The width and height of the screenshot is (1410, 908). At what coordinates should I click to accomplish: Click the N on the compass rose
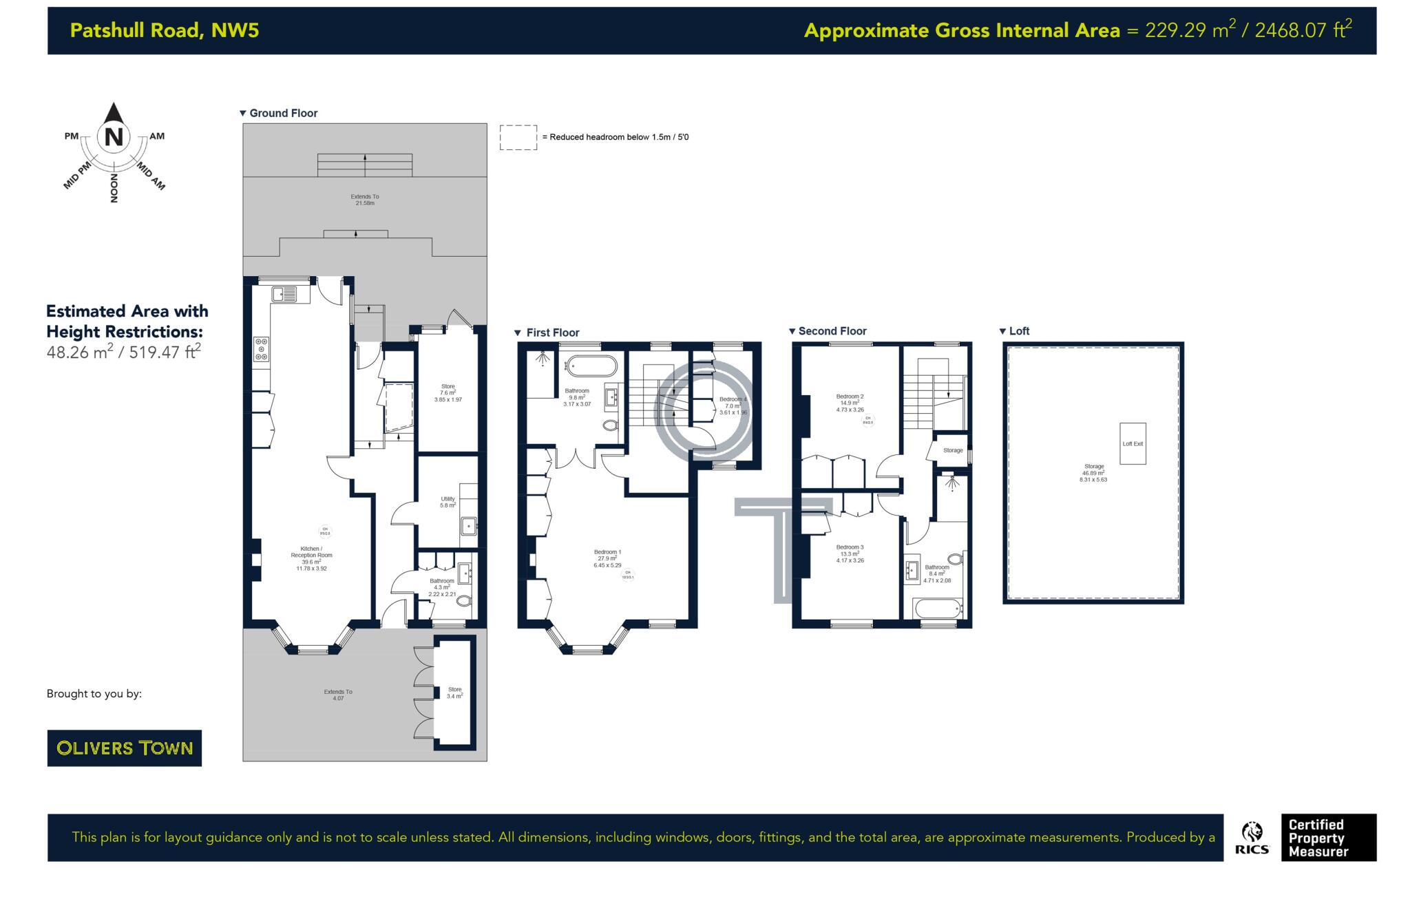[x=114, y=137]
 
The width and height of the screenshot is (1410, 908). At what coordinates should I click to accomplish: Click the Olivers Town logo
[x=124, y=748]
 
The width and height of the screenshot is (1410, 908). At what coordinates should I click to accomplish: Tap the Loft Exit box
[x=1133, y=443]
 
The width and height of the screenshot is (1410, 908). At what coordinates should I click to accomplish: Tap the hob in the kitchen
[x=261, y=348]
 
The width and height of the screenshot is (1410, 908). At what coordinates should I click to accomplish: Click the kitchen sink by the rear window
[x=284, y=294]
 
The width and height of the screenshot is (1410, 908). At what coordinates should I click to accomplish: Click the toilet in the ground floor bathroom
[x=465, y=601]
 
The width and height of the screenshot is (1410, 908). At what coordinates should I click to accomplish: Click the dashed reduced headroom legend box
[x=518, y=137]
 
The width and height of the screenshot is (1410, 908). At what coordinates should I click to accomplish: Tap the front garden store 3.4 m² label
[x=454, y=693]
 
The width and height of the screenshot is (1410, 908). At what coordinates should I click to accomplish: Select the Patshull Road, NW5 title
[x=165, y=30]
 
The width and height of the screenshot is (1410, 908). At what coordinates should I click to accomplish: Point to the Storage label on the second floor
[x=953, y=450]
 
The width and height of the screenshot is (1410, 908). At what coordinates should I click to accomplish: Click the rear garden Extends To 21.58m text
[x=364, y=200]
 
